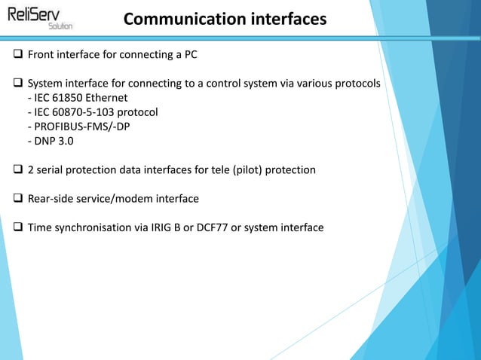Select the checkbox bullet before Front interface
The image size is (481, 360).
point(18,55)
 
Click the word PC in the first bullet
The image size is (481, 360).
point(190,55)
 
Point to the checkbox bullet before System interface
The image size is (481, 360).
point(18,83)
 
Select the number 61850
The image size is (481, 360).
point(69,98)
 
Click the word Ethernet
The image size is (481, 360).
point(108,98)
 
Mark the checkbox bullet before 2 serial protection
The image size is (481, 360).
point(18,170)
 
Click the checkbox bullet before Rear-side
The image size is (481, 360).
point(18,199)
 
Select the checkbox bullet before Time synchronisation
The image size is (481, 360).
point(18,227)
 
